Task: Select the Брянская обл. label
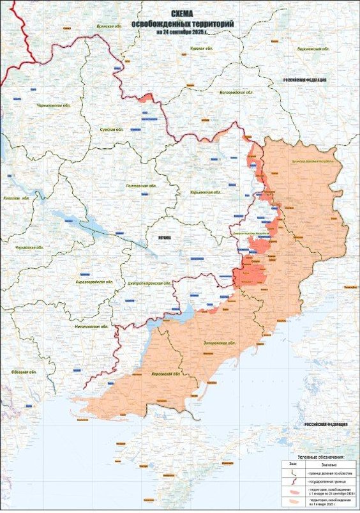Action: point(109,26)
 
